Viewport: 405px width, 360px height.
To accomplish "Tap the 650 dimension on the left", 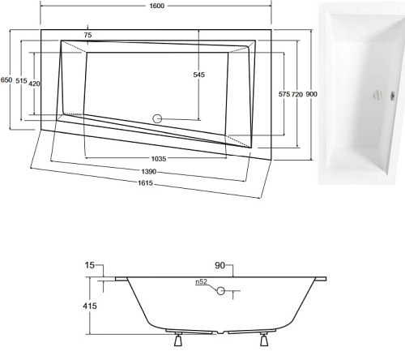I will tap(7, 80).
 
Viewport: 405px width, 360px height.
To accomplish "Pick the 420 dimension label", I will tap(36, 84).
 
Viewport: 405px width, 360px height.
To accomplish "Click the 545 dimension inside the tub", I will tap(200, 75).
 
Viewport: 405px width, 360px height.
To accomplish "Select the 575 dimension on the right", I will tap(284, 95).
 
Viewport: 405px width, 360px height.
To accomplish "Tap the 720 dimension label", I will tap(297, 95).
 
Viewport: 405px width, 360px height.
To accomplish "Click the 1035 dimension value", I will tap(158, 160).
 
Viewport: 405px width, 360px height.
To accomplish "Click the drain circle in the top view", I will tap(157, 119).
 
